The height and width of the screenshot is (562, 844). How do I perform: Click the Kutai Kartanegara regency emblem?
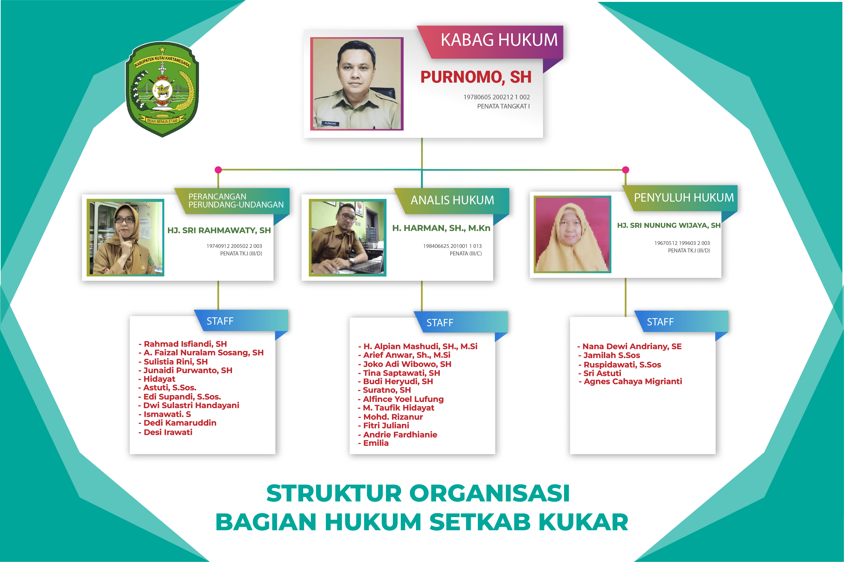162,89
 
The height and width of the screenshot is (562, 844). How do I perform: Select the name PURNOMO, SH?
476,77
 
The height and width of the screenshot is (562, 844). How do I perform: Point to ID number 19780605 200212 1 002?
496,97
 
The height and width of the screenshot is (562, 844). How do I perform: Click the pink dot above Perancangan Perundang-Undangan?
218,170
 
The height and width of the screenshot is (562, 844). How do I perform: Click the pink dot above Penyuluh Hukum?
625,170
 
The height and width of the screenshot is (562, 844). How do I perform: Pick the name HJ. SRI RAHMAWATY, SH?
219,230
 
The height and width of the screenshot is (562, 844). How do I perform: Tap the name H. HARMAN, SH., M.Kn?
441,228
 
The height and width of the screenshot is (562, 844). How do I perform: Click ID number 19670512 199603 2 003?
682,243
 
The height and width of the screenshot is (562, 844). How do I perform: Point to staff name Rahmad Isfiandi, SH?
183,344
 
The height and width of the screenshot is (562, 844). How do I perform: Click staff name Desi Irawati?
165,432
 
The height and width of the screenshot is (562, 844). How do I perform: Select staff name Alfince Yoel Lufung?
401,399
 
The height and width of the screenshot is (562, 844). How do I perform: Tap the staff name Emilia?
373,443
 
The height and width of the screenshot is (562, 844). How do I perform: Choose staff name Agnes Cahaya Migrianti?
630,382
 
